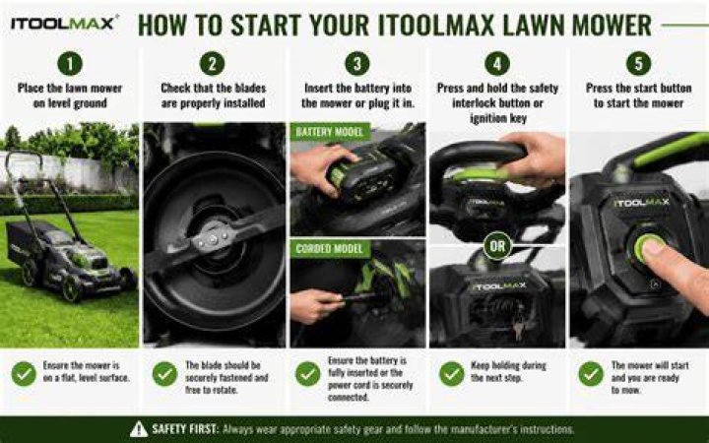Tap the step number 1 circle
click(70, 63)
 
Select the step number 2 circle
click(212, 63)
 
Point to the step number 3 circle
click(357, 63)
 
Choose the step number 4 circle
click(497, 63)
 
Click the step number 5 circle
click(638, 63)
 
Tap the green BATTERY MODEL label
click(330, 132)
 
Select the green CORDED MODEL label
click(330, 249)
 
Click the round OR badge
click(497, 246)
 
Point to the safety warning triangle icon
click(139, 429)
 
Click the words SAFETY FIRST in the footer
click(185, 429)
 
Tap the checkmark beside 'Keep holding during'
click(452, 374)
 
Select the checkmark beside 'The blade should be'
click(165, 374)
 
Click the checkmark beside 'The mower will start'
click(591, 374)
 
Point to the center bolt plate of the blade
click(214, 237)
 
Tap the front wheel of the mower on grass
click(72, 287)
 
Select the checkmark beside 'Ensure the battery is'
click(308, 374)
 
